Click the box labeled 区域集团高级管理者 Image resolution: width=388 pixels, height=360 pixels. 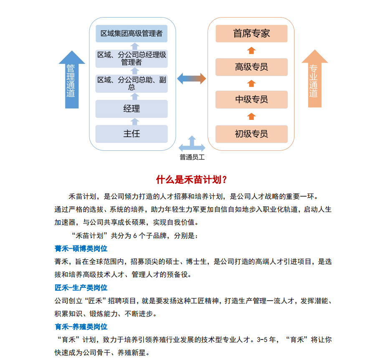[132, 33]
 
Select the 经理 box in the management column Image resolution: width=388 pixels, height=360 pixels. [132, 109]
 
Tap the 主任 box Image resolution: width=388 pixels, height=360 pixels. [132, 134]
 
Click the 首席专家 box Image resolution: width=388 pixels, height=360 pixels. [251, 33]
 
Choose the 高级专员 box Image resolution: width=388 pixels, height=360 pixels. [251, 67]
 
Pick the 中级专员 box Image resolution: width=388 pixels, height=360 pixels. [251, 99]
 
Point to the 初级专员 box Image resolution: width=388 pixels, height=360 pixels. [251, 134]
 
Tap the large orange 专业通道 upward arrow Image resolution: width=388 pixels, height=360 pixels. [314, 79]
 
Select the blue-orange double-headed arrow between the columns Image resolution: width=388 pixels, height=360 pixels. [192, 78]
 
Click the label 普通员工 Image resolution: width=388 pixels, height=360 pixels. [192, 157]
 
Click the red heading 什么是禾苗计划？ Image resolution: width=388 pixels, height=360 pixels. [192, 180]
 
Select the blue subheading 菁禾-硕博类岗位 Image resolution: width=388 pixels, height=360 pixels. [81, 248]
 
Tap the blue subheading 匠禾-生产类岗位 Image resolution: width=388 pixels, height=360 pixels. [81, 287]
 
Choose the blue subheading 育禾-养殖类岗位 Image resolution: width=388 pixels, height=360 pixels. [81, 327]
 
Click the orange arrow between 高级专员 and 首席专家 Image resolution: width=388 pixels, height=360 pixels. [251, 51]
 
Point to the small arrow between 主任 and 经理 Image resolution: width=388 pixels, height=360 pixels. [134, 122]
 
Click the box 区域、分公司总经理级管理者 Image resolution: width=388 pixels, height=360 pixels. [132, 58]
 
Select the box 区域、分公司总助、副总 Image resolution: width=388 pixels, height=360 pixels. [132, 83]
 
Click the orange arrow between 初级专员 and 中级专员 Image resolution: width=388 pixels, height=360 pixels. [251, 116]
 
